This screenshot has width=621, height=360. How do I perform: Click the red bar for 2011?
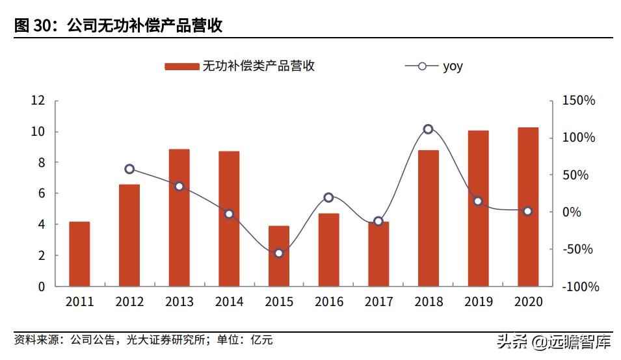pyautogui.click(x=79, y=253)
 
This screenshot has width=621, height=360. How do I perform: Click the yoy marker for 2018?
pyautogui.click(x=428, y=129)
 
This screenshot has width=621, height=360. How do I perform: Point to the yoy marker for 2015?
pyautogui.click(x=278, y=253)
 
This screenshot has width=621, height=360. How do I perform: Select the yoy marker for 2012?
pyautogui.click(x=129, y=169)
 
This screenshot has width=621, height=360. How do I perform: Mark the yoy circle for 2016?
pyautogui.click(x=328, y=198)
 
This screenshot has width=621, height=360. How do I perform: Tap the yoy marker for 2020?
pyautogui.click(x=528, y=211)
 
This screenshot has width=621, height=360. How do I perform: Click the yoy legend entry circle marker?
pyautogui.click(x=421, y=66)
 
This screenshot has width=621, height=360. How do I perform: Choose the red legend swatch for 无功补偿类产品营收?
pyautogui.click(x=181, y=66)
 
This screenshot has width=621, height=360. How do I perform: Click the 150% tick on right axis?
pyautogui.click(x=578, y=101)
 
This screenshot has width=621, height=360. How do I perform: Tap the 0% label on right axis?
pyautogui.click(x=572, y=212)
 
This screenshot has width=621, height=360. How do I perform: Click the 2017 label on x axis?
pyautogui.click(x=378, y=302)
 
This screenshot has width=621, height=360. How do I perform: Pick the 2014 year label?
pyautogui.click(x=229, y=302)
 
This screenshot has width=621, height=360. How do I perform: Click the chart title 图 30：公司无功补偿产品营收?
pyautogui.click(x=118, y=25)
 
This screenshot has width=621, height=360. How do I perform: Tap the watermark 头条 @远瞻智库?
pyautogui.click(x=553, y=341)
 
